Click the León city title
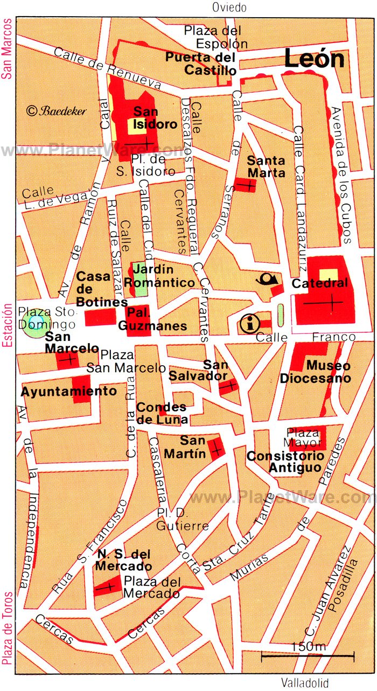314,59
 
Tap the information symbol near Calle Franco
249,324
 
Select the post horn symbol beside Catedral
268,279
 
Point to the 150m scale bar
308,655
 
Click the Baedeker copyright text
56,110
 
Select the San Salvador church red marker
229,386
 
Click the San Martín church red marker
216,448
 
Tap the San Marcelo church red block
68,360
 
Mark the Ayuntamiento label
68,391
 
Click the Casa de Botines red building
100,317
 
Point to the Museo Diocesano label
315,372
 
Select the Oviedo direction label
229,8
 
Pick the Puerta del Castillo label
201,64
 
